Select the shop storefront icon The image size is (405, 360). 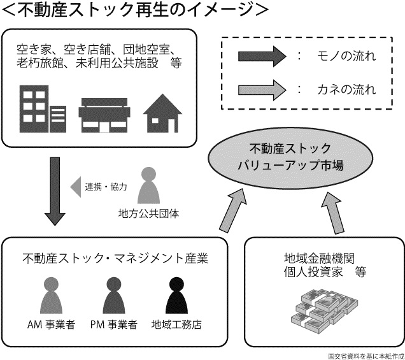104,115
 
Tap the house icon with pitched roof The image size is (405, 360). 162,113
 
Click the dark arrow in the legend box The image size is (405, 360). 262,56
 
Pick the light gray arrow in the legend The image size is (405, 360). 262,90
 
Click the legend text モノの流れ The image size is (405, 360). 346,56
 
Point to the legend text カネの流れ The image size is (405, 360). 346,90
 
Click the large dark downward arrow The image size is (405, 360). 55,191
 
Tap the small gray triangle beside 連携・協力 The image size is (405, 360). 76,187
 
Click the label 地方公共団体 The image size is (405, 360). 148,213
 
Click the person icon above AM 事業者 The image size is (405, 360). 51,296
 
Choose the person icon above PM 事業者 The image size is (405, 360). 114,296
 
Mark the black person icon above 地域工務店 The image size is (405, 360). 176,296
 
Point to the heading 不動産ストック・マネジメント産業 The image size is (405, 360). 115,258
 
